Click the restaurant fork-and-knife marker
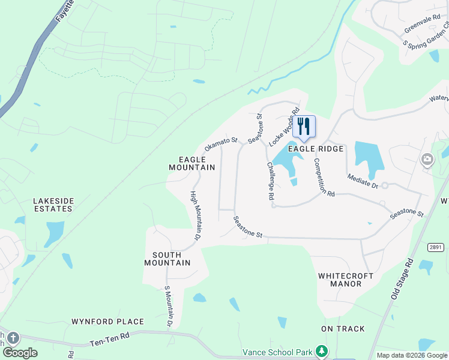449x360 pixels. [x=304, y=127]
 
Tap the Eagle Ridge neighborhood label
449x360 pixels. [x=316, y=149]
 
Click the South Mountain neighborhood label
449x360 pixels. [x=167, y=259]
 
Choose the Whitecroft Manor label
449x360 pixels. [x=346, y=280]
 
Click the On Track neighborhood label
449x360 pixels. [x=343, y=329]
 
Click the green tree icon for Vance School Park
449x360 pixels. [x=322, y=350]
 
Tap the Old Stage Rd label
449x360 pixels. [x=402, y=280]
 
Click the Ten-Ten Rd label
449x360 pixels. [x=109, y=340]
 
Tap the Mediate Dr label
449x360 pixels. [x=363, y=181]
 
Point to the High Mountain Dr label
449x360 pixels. [x=194, y=216]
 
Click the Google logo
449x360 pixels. [x=20, y=353]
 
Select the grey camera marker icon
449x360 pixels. [x=428, y=160]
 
